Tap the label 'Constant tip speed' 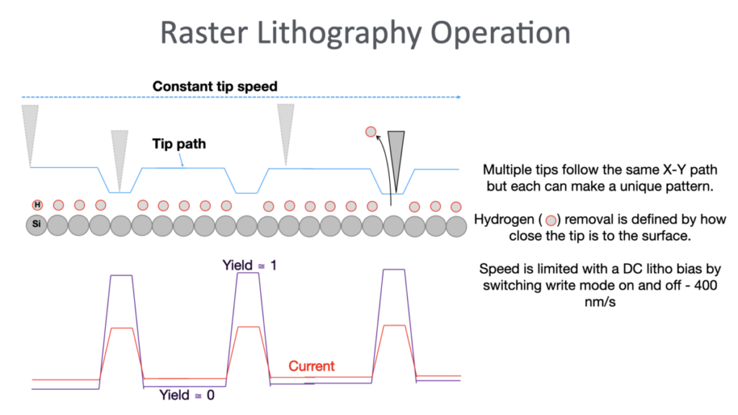(215, 86)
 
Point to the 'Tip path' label (179, 144)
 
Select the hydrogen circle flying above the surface (370, 132)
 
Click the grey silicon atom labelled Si (37, 226)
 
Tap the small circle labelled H (37, 206)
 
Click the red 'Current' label (311, 366)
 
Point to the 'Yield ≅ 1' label (249, 265)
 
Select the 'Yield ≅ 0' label (187, 395)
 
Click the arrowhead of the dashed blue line (459, 96)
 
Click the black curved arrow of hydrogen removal (386, 166)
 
